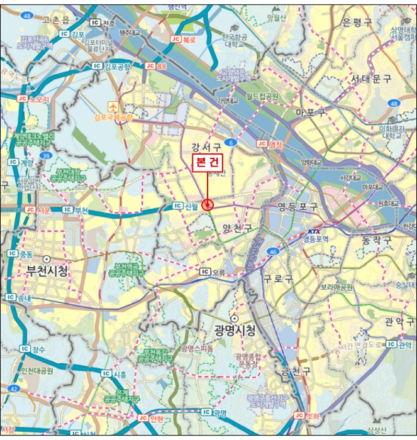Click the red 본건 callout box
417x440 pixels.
click(x=208, y=162)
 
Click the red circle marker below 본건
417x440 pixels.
click(x=209, y=205)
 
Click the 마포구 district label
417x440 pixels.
click(x=310, y=113)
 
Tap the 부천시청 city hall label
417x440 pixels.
click(x=47, y=271)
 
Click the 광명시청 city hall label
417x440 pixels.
click(x=235, y=330)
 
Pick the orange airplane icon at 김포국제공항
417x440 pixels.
click(x=113, y=106)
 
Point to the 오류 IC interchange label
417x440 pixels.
click(x=212, y=272)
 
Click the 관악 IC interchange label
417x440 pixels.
click(x=400, y=344)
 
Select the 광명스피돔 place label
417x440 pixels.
click(x=197, y=348)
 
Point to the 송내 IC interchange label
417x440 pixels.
click(x=19, y=297)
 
